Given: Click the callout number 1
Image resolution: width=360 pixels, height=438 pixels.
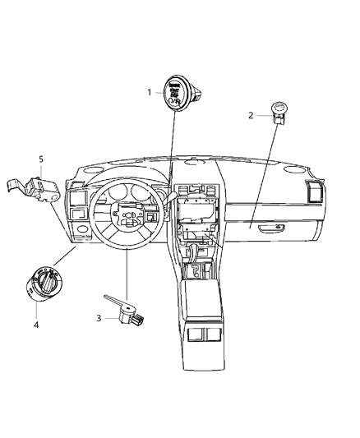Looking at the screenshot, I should click(x=149, y=92).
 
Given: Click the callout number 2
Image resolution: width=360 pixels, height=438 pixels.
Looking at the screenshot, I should click(x=251, y=115).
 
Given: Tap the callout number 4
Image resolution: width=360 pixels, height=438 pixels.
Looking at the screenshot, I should click(x=36, y=325).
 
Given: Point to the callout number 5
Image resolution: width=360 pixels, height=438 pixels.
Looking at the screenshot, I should click(x=41, y=159).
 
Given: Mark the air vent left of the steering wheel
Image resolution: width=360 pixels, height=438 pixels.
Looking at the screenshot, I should click(x=81, y=197).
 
